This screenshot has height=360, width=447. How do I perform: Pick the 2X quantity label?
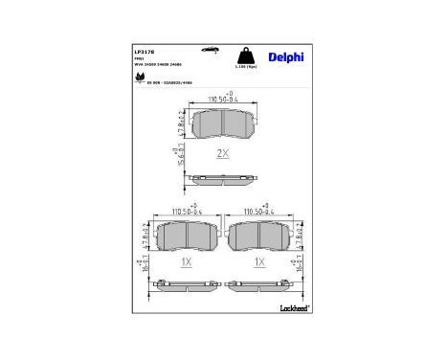[222, 152]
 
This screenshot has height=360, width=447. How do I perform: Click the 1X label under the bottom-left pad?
[186, 260]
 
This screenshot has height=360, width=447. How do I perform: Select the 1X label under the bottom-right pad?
[258, 260]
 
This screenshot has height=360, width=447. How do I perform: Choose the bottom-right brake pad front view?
[259, 236]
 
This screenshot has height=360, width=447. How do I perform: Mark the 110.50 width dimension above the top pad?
[223, 99]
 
